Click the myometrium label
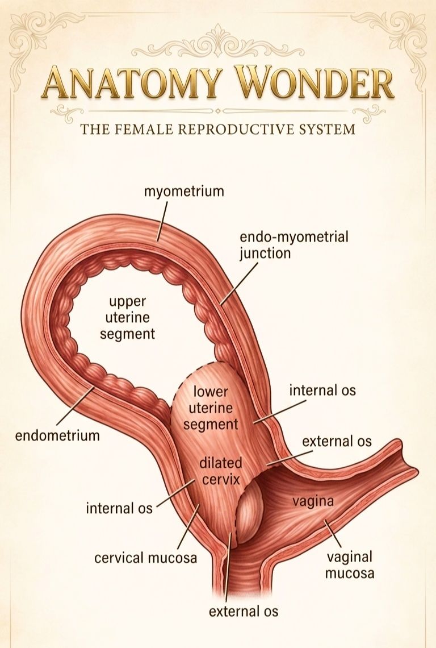click(184, 192)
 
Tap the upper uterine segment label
click(128, 317)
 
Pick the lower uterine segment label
click(211, 408)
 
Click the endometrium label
click(57, 435)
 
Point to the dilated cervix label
click(221, 471)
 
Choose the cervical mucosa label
click(146, 558)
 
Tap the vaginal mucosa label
click(350, 565)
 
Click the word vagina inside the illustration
click(313, 501)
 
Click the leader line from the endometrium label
click(75, 406)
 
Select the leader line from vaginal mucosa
click(333, 534)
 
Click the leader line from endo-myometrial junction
click(240, 284)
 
